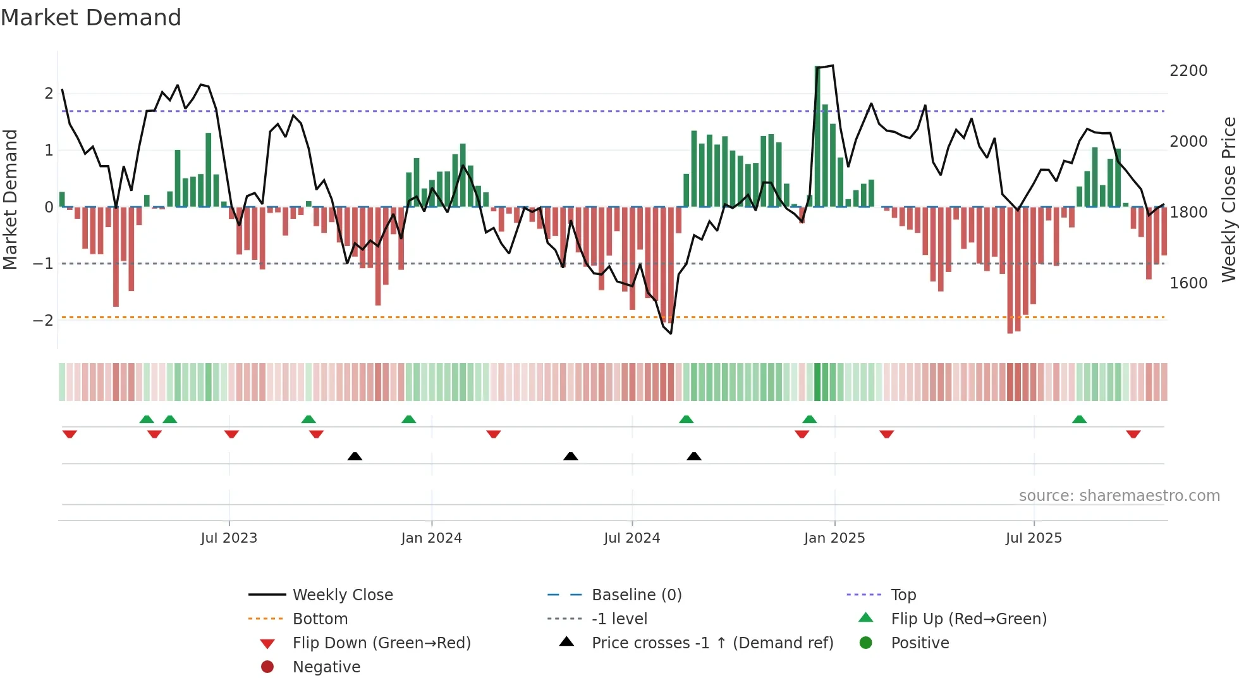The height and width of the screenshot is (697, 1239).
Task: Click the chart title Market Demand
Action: pos(91,18)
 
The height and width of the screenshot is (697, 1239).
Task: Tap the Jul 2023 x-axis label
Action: pos(229,538)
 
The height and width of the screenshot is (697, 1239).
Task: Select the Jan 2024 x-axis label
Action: pos(431,538)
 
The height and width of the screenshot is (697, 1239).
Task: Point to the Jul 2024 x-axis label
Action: pos(632,538)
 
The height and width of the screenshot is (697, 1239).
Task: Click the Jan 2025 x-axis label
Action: pos(834,538)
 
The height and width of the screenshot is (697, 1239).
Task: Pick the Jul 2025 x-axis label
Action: pos(1034,538)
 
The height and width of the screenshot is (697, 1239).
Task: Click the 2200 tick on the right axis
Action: pos(1188,71)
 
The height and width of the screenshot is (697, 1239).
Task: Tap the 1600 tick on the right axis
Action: pos(1188,283)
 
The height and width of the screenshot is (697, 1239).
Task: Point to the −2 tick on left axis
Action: pos(43,321)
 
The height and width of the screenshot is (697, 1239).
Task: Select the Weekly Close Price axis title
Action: pos(1228,199)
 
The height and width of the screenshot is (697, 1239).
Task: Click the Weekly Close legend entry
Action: pos(342,595)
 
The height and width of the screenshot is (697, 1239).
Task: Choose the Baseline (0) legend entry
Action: pos(636,595)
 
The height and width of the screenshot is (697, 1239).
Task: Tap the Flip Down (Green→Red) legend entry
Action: pos(381,643)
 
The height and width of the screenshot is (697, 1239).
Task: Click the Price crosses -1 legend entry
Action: pos(712,643)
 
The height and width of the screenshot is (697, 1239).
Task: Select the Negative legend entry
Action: pos(326,667)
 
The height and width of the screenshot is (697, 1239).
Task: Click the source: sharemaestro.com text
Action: pos(1119,496)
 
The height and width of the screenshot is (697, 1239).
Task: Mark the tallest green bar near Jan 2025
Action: pos(817,136)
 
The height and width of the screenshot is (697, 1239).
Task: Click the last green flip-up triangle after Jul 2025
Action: pos(1079,419)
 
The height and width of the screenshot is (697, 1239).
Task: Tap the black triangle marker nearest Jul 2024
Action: pos(570,456)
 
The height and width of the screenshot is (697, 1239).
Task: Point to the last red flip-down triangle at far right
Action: pos(1133,435)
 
